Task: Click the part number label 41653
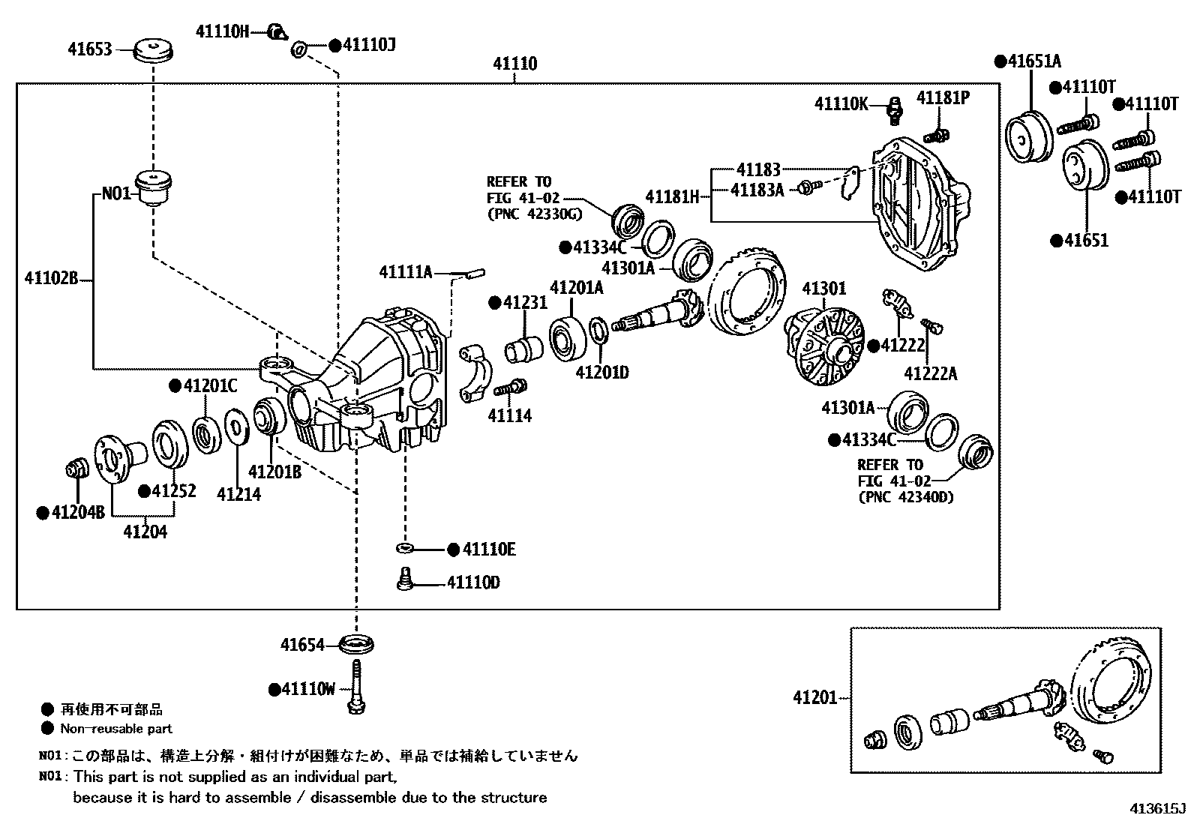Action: [x=89, y=49]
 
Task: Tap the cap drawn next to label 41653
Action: [x=153, y=52]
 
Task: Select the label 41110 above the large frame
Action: [x=514, y=64]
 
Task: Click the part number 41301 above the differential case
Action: [x=823, y=289]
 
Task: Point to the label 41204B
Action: [x=77, y=513]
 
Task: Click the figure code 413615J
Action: [x=1158, y=809]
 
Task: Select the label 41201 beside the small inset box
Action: [x=814, y=697]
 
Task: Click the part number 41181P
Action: [x=943, y=98]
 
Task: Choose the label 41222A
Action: [x=930, y=373]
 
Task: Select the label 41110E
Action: [x=488, y=550]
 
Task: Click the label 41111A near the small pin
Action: [x=406, y=272]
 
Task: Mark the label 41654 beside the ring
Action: [x=302, y=645]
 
